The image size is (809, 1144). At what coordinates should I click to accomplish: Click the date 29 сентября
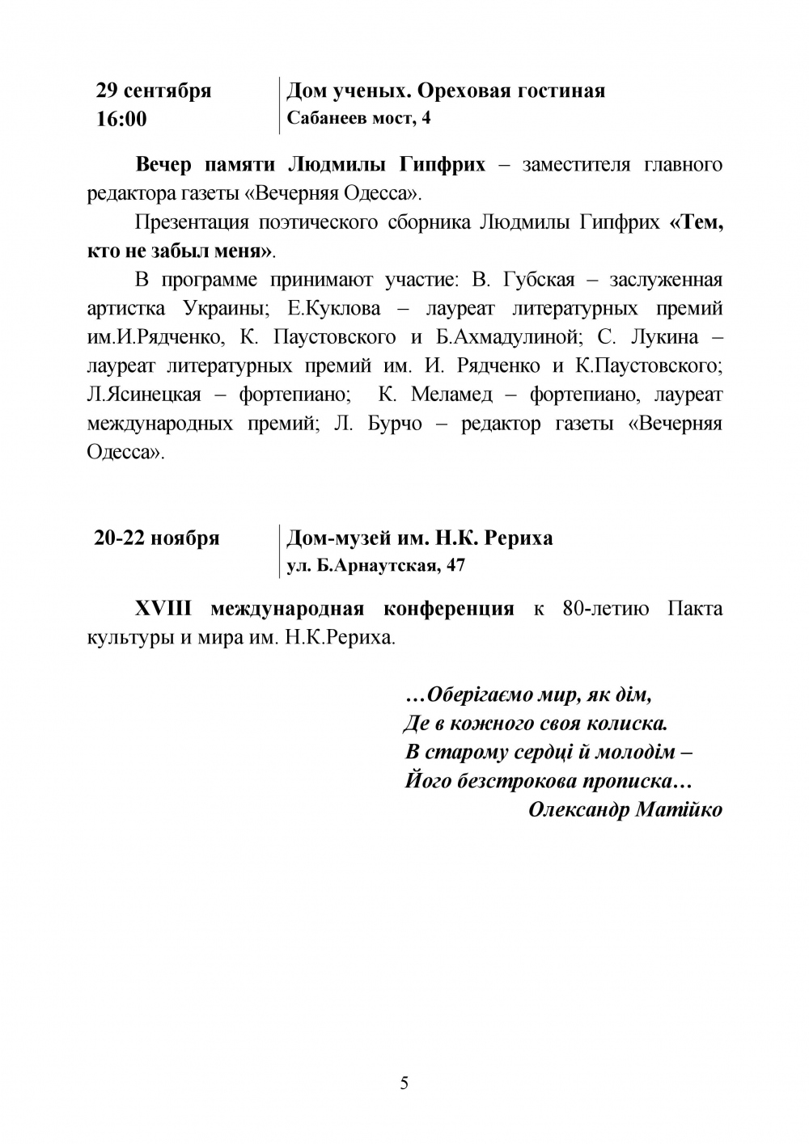click(154, 90)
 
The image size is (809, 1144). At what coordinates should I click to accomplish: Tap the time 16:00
click(121, 119)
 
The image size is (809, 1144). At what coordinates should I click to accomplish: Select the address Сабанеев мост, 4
click(359, 119)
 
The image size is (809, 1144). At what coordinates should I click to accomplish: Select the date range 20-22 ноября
click(157, 538)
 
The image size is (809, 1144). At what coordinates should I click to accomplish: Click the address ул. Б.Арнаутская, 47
click(376, 565)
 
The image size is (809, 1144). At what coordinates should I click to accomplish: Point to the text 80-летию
click(605, 608)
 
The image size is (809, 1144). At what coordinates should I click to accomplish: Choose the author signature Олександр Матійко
click(625, 809)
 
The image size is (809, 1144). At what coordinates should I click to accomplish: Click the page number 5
click(404, 1083)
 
